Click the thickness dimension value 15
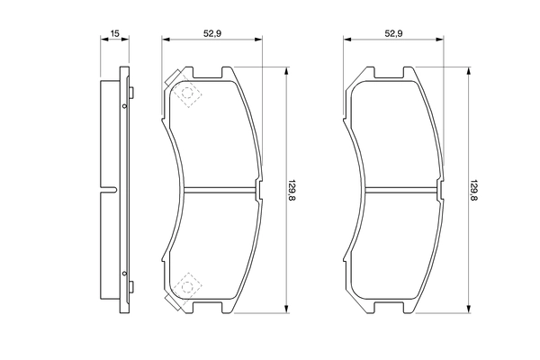[114, 33]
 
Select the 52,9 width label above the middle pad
[211, 33]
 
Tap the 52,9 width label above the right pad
[393, 33]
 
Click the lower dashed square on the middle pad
[188, 285]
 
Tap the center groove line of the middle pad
[220, 189]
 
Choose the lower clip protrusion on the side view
[130, 288]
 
